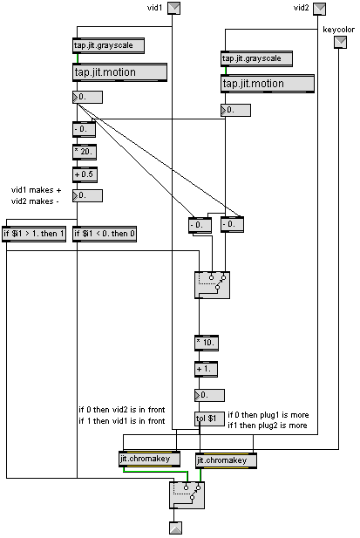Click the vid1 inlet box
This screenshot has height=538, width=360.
pos(173,8)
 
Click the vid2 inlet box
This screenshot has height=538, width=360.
pos(320,9)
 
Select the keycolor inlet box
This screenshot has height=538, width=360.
pos(340,42)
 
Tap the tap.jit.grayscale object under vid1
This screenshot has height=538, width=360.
pos(108,45)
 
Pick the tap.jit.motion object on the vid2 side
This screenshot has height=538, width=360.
pos(268,84)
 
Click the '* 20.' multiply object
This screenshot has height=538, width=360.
pos(85,152)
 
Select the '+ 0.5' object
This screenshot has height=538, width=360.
pos(85,174)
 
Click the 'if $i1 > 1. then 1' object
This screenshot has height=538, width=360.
pos(34,235)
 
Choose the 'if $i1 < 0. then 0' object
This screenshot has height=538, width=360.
pos(105,235)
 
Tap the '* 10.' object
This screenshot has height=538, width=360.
pos(207,343)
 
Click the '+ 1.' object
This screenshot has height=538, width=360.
pos(206,370)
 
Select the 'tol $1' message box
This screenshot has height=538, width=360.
pos(209,419)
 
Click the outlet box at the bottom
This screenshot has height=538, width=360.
pos(176,528)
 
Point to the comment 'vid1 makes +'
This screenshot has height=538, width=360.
pos(37,190)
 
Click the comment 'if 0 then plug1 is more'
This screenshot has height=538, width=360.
pos(268,415)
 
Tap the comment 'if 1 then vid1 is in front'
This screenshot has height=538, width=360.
pos(122,421)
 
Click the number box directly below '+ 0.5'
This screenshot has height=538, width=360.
pos(87,195)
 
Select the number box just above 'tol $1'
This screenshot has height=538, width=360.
pos(209,395)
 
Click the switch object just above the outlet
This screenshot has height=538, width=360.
pos(187,495)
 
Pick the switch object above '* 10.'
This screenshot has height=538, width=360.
pos(212,285)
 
